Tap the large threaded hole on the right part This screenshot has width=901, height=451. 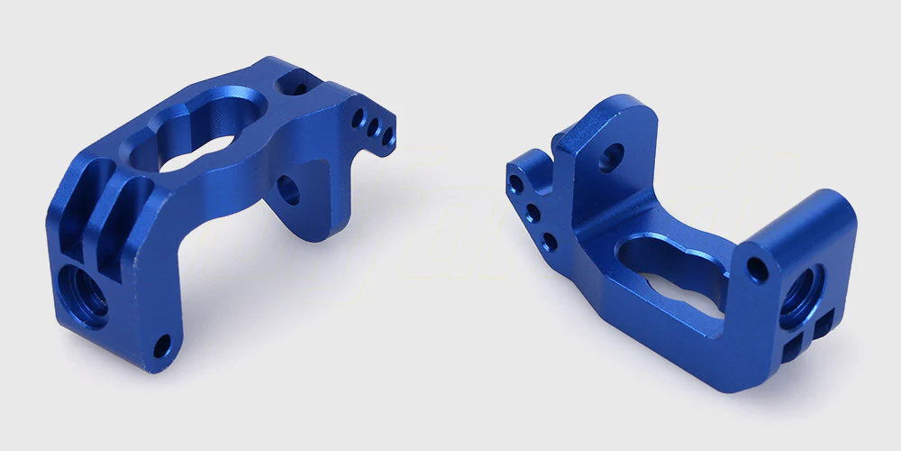pyautogui.click(x=801, y=295)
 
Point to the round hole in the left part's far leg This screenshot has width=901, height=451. pyautogui.click(x=288, y=189)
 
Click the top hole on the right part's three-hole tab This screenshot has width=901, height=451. pyautogui.click(x=515, y=186)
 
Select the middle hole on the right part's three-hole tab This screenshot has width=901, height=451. pyautogui.click(x=532, y=214)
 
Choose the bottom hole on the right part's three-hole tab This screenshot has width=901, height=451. pyautogui.click(x=548, y=240)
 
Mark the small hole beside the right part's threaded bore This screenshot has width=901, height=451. pyautogui.click(x=760, y=270)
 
